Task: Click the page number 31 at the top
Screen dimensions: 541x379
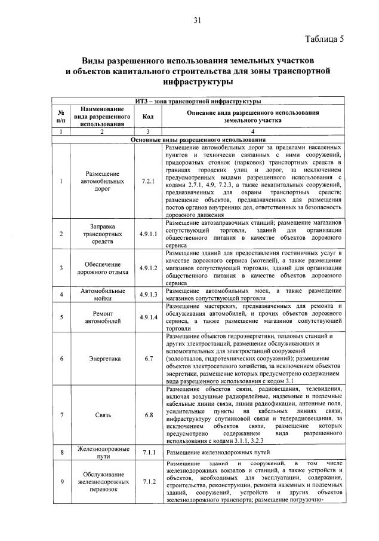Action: point(196,20)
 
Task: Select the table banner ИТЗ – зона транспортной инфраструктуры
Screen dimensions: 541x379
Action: point(197,102)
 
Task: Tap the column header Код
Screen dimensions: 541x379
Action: point(147,117)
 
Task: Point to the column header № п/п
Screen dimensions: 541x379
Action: point(61,117)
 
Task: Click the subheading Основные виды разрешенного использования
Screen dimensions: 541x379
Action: point(197,139)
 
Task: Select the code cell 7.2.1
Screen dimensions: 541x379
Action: point(147,180)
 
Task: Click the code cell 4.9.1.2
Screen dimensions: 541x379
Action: point(147,268)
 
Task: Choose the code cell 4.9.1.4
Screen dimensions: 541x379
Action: point(147,317)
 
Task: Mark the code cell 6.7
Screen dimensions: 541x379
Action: point(147,359)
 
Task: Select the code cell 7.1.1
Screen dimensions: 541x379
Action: point(147,453)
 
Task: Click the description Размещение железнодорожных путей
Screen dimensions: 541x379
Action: point(213,453)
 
